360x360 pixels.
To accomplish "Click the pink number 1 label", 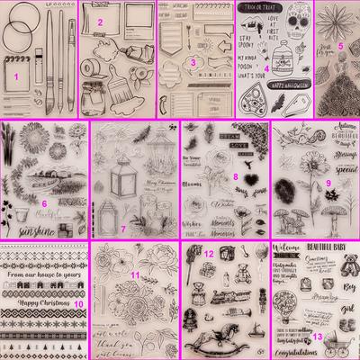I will point(16,78).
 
